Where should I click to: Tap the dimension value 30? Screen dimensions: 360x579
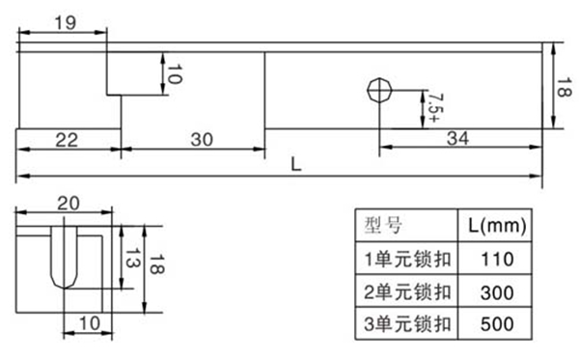202,140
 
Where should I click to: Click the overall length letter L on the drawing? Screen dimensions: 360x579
297,165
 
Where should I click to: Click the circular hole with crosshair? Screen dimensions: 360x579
377,90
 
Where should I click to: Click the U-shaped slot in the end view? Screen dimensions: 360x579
64,261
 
